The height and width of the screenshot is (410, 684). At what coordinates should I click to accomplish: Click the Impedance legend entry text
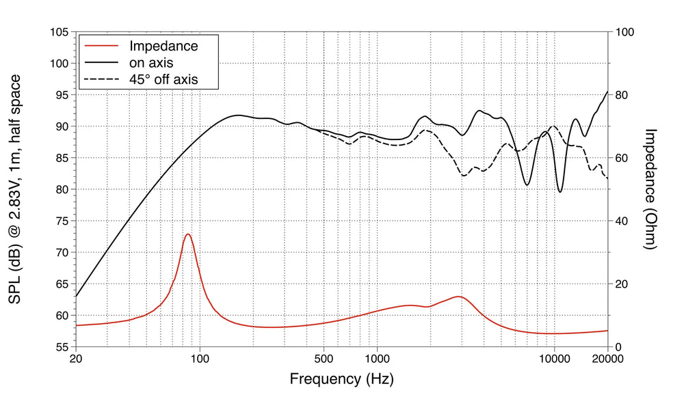163,46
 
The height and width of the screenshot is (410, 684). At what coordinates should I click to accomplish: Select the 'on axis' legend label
151,63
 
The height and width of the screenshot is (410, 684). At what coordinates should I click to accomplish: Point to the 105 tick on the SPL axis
58,32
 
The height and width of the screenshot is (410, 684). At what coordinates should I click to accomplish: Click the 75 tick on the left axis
61,221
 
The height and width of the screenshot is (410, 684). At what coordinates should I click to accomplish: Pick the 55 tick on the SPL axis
61,346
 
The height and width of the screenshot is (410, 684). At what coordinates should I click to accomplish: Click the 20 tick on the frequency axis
76,357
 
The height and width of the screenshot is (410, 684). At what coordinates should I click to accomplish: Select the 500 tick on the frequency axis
324,357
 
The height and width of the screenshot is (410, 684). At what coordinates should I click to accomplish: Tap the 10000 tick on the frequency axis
554,357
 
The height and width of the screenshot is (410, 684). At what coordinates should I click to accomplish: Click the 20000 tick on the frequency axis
607,357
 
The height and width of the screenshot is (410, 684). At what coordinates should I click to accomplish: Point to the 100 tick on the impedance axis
625,32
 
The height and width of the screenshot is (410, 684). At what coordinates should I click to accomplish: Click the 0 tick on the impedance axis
620,346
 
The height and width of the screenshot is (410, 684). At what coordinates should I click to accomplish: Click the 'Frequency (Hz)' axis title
341,378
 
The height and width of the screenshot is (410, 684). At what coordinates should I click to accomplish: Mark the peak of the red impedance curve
187,234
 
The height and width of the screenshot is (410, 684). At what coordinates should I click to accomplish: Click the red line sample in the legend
101,46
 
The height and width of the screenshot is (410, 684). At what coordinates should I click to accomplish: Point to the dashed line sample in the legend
101,79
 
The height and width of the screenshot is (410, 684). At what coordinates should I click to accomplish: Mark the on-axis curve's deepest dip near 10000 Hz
560,192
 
